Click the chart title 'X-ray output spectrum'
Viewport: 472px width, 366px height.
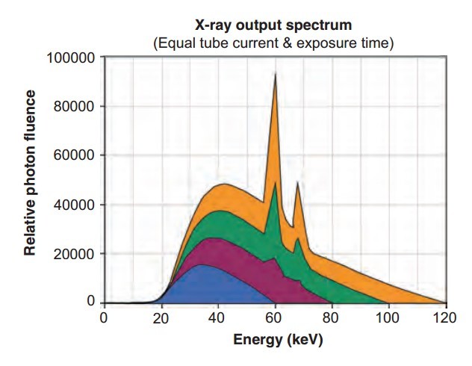point(273,27)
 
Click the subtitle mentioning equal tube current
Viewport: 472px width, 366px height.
point(273,43)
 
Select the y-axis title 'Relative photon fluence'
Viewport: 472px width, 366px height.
point(31,173)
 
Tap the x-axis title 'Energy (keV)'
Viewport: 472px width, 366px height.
point(273,340)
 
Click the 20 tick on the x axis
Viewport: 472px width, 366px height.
point(161,317)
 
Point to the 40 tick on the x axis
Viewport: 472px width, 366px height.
point(217,317)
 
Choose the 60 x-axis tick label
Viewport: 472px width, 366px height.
point(275,317)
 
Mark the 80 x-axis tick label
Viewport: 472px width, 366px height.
point(332,317)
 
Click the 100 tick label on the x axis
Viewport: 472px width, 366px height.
point(388,317)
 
